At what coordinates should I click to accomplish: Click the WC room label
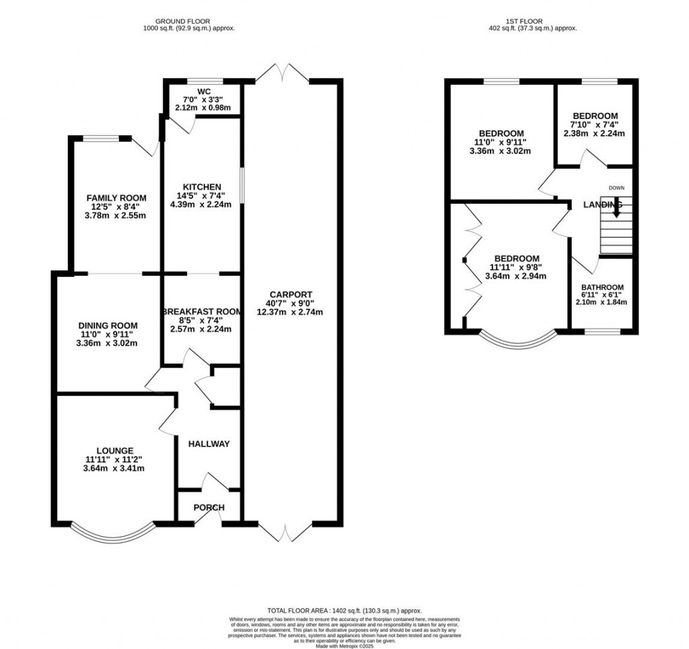point(204,91)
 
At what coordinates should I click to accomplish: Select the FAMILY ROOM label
point(116,197)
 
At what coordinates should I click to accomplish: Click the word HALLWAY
point(209,444)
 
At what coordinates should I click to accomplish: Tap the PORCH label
point(209,507)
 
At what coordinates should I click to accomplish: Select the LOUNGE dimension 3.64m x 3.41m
point(114,469)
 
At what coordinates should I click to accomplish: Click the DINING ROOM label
point(108,325)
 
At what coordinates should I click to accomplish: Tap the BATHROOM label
point(602,287)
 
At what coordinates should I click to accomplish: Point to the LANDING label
point(603,204)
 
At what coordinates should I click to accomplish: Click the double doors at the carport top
point(282,73)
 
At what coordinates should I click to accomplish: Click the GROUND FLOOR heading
point(189,21)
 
